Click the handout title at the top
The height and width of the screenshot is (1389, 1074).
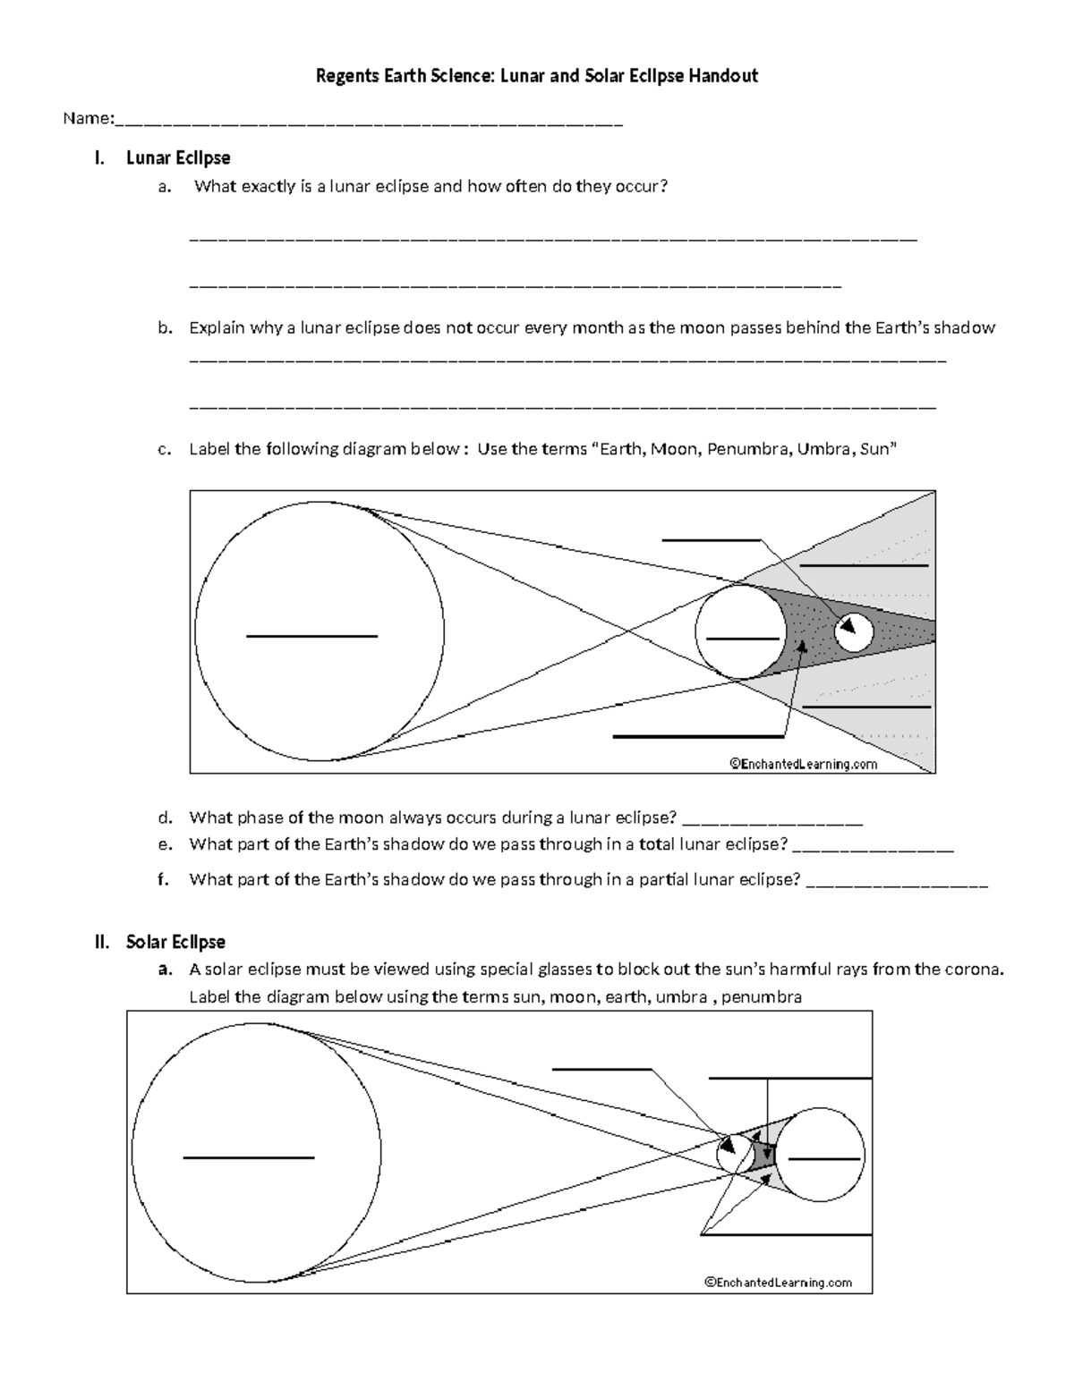pyautogui.click(x=536, y=76)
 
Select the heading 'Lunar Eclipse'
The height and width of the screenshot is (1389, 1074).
pyautogui.click(x=178, y=158)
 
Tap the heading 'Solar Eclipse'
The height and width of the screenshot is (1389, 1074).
pyautogui.click(x=175, y=942)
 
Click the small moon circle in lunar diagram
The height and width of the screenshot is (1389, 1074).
pyautogui.click(x=854, y=632)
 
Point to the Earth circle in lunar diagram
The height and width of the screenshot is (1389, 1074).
pyautogui.click(x=741, y=632)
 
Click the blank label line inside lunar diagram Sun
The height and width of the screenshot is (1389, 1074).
pyautogui.click(x=311, y=636)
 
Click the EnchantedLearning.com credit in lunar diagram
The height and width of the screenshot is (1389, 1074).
pyautogui.click(x=803, y=764)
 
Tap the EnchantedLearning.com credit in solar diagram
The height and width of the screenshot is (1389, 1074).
pyautogui.click(x=778, y=1283)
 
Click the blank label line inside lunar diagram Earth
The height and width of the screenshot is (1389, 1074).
pyautogui.click(x=741, y=639)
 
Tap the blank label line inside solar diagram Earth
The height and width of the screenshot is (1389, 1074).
pyautogui.click(x=823, y=1158)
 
